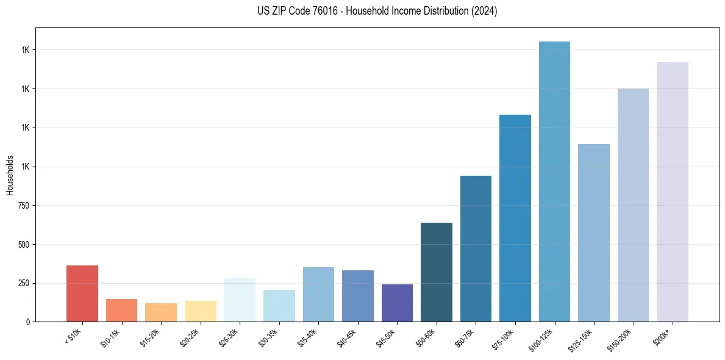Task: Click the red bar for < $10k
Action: pos(82,293)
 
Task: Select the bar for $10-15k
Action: pos(121,310)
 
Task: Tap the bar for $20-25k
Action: pos(200,311)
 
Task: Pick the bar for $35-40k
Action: pos(318,294)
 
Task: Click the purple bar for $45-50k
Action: pos(397,303)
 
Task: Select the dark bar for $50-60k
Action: pos(437,272)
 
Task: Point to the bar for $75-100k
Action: pos(515,218)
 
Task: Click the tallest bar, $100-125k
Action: pos(554,181)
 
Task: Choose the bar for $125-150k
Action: pos(594,232)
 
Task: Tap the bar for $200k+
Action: pos(673,192)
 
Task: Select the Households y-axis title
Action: pos(10,175)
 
